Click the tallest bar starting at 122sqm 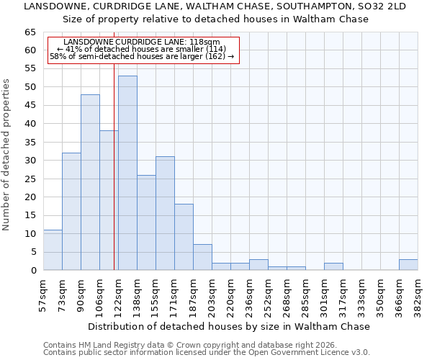tap(127, 173)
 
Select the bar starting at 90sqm tap(90, 182)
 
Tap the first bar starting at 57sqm tap(53, 250)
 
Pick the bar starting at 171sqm tap(184, 237)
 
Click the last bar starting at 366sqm tap(408, 264)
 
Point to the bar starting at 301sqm tap(333, 266)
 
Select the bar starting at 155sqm tap(165, 213)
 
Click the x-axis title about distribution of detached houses tap(230, 326)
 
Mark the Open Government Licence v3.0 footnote tap(206, 353)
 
